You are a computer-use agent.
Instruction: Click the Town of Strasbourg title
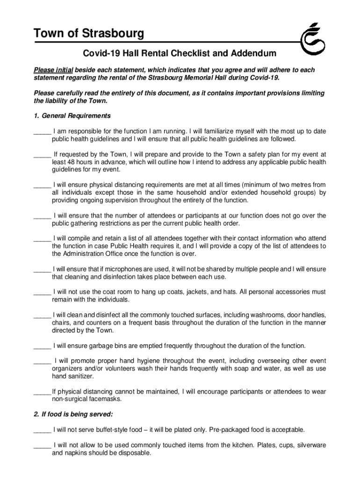pyautogui.click(x=89, y=34)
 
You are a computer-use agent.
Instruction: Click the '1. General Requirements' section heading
pyautogui.click(x=72, y=116)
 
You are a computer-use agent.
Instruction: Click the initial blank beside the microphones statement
pyautogui.click(x=42, y=270)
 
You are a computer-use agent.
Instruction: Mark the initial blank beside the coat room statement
pyautogui.click(x=42, y=292)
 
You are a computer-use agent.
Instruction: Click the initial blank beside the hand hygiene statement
pyautogui.click(x=42, y=362)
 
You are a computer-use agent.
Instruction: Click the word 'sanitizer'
pyautogui.click(x=79, y=376)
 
